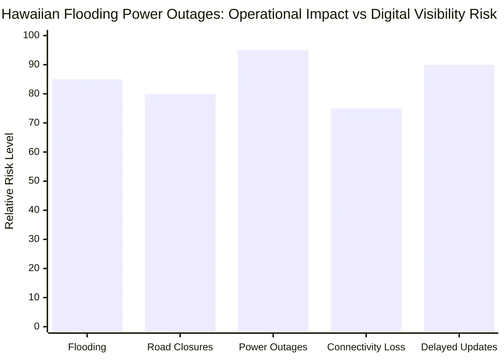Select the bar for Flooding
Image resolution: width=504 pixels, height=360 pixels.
point(87,205)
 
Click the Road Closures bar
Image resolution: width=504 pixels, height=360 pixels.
point(180,212)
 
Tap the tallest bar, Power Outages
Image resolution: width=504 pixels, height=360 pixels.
point(273,191)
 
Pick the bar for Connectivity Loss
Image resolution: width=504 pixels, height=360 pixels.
point(366,220)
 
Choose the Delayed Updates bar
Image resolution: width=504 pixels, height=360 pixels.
point(459,198)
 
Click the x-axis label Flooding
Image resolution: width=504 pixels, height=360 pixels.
point(87,347)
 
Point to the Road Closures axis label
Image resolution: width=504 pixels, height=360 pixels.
point(180,347)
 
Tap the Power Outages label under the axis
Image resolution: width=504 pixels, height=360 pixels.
point(273,347)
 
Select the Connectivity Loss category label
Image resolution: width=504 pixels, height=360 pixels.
point(366,347)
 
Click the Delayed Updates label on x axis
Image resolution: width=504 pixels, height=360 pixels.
point(459,347)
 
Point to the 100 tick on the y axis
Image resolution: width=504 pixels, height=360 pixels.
point(31,35)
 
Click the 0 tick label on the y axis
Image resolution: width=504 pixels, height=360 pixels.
point(37,327)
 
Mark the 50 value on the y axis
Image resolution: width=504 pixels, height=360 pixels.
point(34,181)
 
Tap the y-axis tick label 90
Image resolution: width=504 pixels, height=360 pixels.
point(34,64)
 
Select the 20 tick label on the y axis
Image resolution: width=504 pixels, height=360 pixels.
point(34,268)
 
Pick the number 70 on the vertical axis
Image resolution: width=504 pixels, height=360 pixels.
point(34,123)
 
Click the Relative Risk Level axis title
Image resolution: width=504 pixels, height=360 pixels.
point(9,181)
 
